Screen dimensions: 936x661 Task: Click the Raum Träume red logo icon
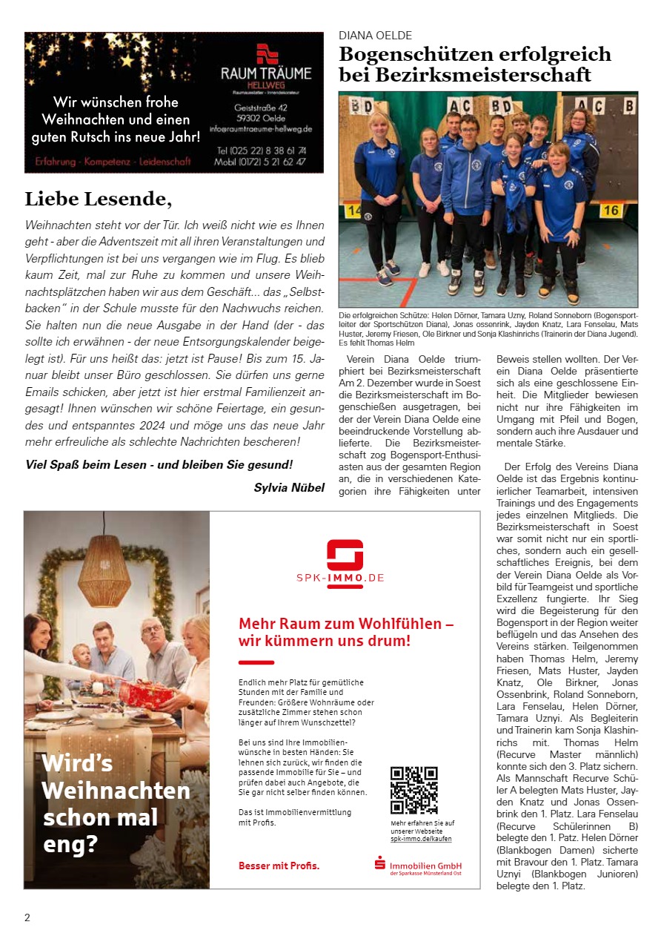coord(266,54)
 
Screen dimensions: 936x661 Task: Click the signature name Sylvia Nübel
coord(289,487)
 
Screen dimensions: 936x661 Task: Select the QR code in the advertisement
coord(414,791)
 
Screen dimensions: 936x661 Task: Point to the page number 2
coord(27,917)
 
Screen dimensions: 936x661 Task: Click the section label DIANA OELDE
coord(375,36)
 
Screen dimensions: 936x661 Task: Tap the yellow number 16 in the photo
coord(611,210)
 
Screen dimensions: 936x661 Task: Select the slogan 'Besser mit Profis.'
coord(279,866)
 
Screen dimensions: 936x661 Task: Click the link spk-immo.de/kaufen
coord(421,839)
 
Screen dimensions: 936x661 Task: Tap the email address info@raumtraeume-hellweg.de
coord(261,128)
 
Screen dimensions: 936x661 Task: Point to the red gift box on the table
coord(146,693)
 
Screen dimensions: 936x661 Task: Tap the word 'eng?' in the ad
coord(70,843)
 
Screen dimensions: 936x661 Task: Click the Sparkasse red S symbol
coord(380,863)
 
